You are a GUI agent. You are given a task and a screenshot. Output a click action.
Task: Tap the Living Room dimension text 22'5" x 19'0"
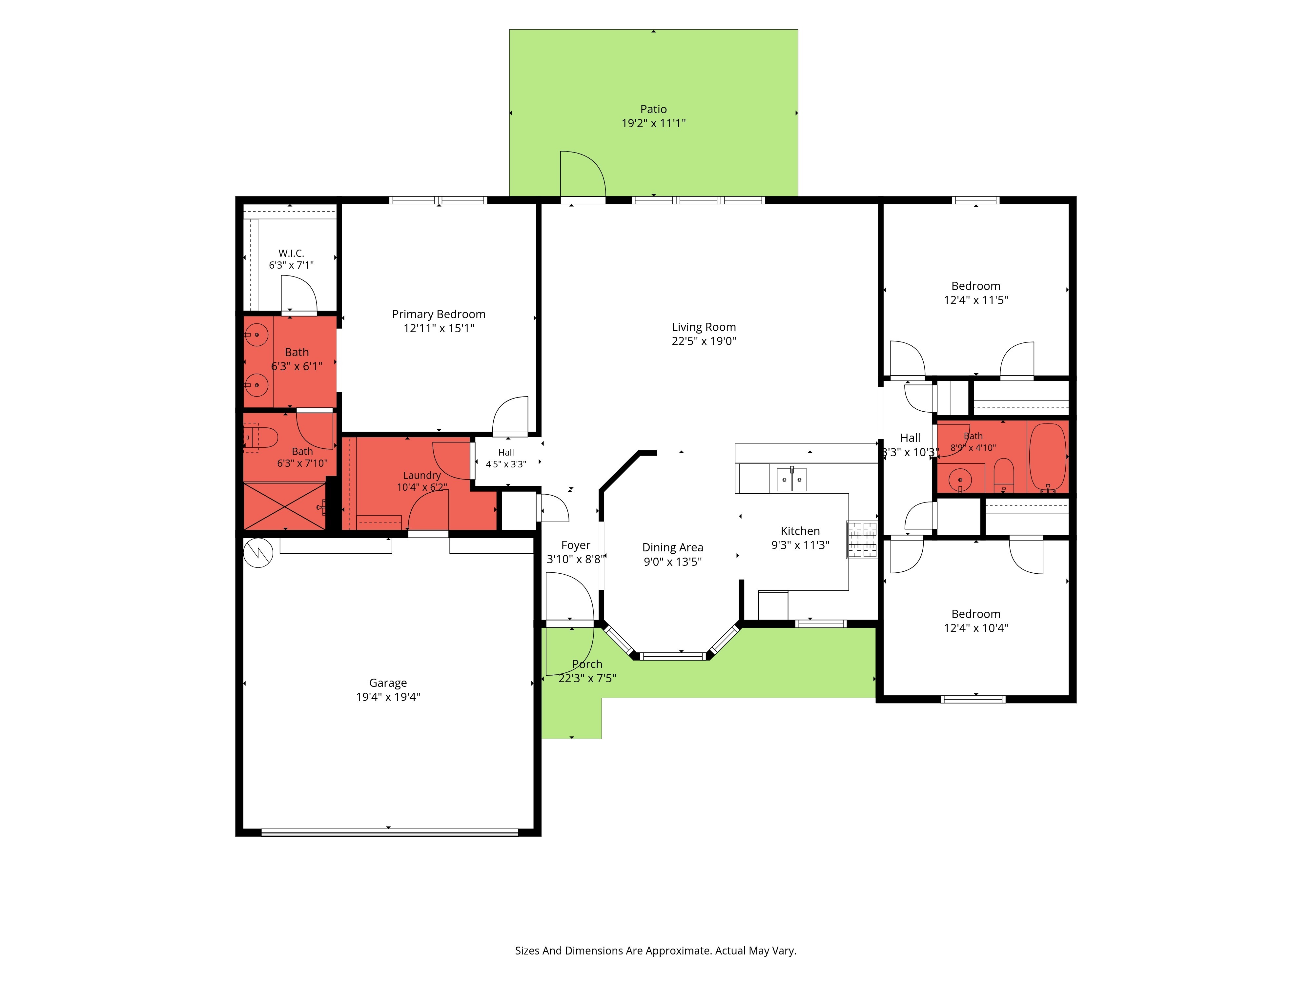[704, 341]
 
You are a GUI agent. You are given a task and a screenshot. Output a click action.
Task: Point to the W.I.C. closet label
[291, 253]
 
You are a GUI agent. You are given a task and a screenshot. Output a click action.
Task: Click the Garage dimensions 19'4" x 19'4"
[388, 697]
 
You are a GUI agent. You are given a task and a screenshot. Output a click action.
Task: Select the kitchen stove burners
[861, 540]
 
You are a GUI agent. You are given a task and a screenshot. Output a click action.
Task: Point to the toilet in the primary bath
[261, 438]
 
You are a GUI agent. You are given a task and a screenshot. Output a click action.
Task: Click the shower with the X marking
[285, 506]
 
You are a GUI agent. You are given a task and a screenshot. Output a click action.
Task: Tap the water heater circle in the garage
[258, 553]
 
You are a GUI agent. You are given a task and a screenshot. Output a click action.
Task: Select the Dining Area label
[673, 547]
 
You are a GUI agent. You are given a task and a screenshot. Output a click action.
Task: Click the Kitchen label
[800, 531]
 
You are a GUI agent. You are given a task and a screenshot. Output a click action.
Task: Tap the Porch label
[587, 664]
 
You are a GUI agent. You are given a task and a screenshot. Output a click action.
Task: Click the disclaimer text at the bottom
[655, 951]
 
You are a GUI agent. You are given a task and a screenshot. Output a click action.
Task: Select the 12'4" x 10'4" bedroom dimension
[976, 628]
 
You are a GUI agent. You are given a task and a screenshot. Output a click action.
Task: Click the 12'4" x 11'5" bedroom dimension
[976, 300]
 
